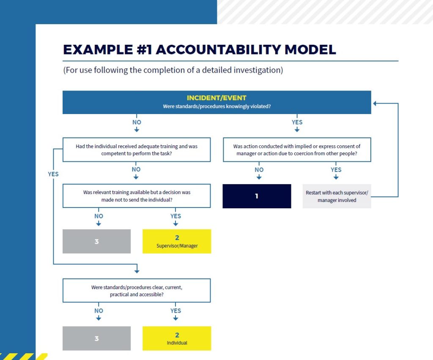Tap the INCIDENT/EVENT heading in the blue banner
(216, 98)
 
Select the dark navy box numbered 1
(257, 196)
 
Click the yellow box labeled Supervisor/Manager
(177, 241)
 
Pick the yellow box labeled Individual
(177, 338)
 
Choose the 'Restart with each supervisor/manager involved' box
(337, 196)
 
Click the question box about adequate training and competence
(137, 150)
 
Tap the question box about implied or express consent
(297, 150)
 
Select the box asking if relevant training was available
(137, 196)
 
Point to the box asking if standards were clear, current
(137, 291)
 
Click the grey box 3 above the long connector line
(96, 242)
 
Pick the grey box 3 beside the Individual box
(96, 338)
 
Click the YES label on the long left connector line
(53, 174)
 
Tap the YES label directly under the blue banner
(297, 123)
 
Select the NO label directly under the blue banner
(137, 123)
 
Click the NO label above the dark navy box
(259, 170)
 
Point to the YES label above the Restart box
(336, 170)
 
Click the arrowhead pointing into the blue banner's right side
(375, 103)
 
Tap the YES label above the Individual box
(175, 311)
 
